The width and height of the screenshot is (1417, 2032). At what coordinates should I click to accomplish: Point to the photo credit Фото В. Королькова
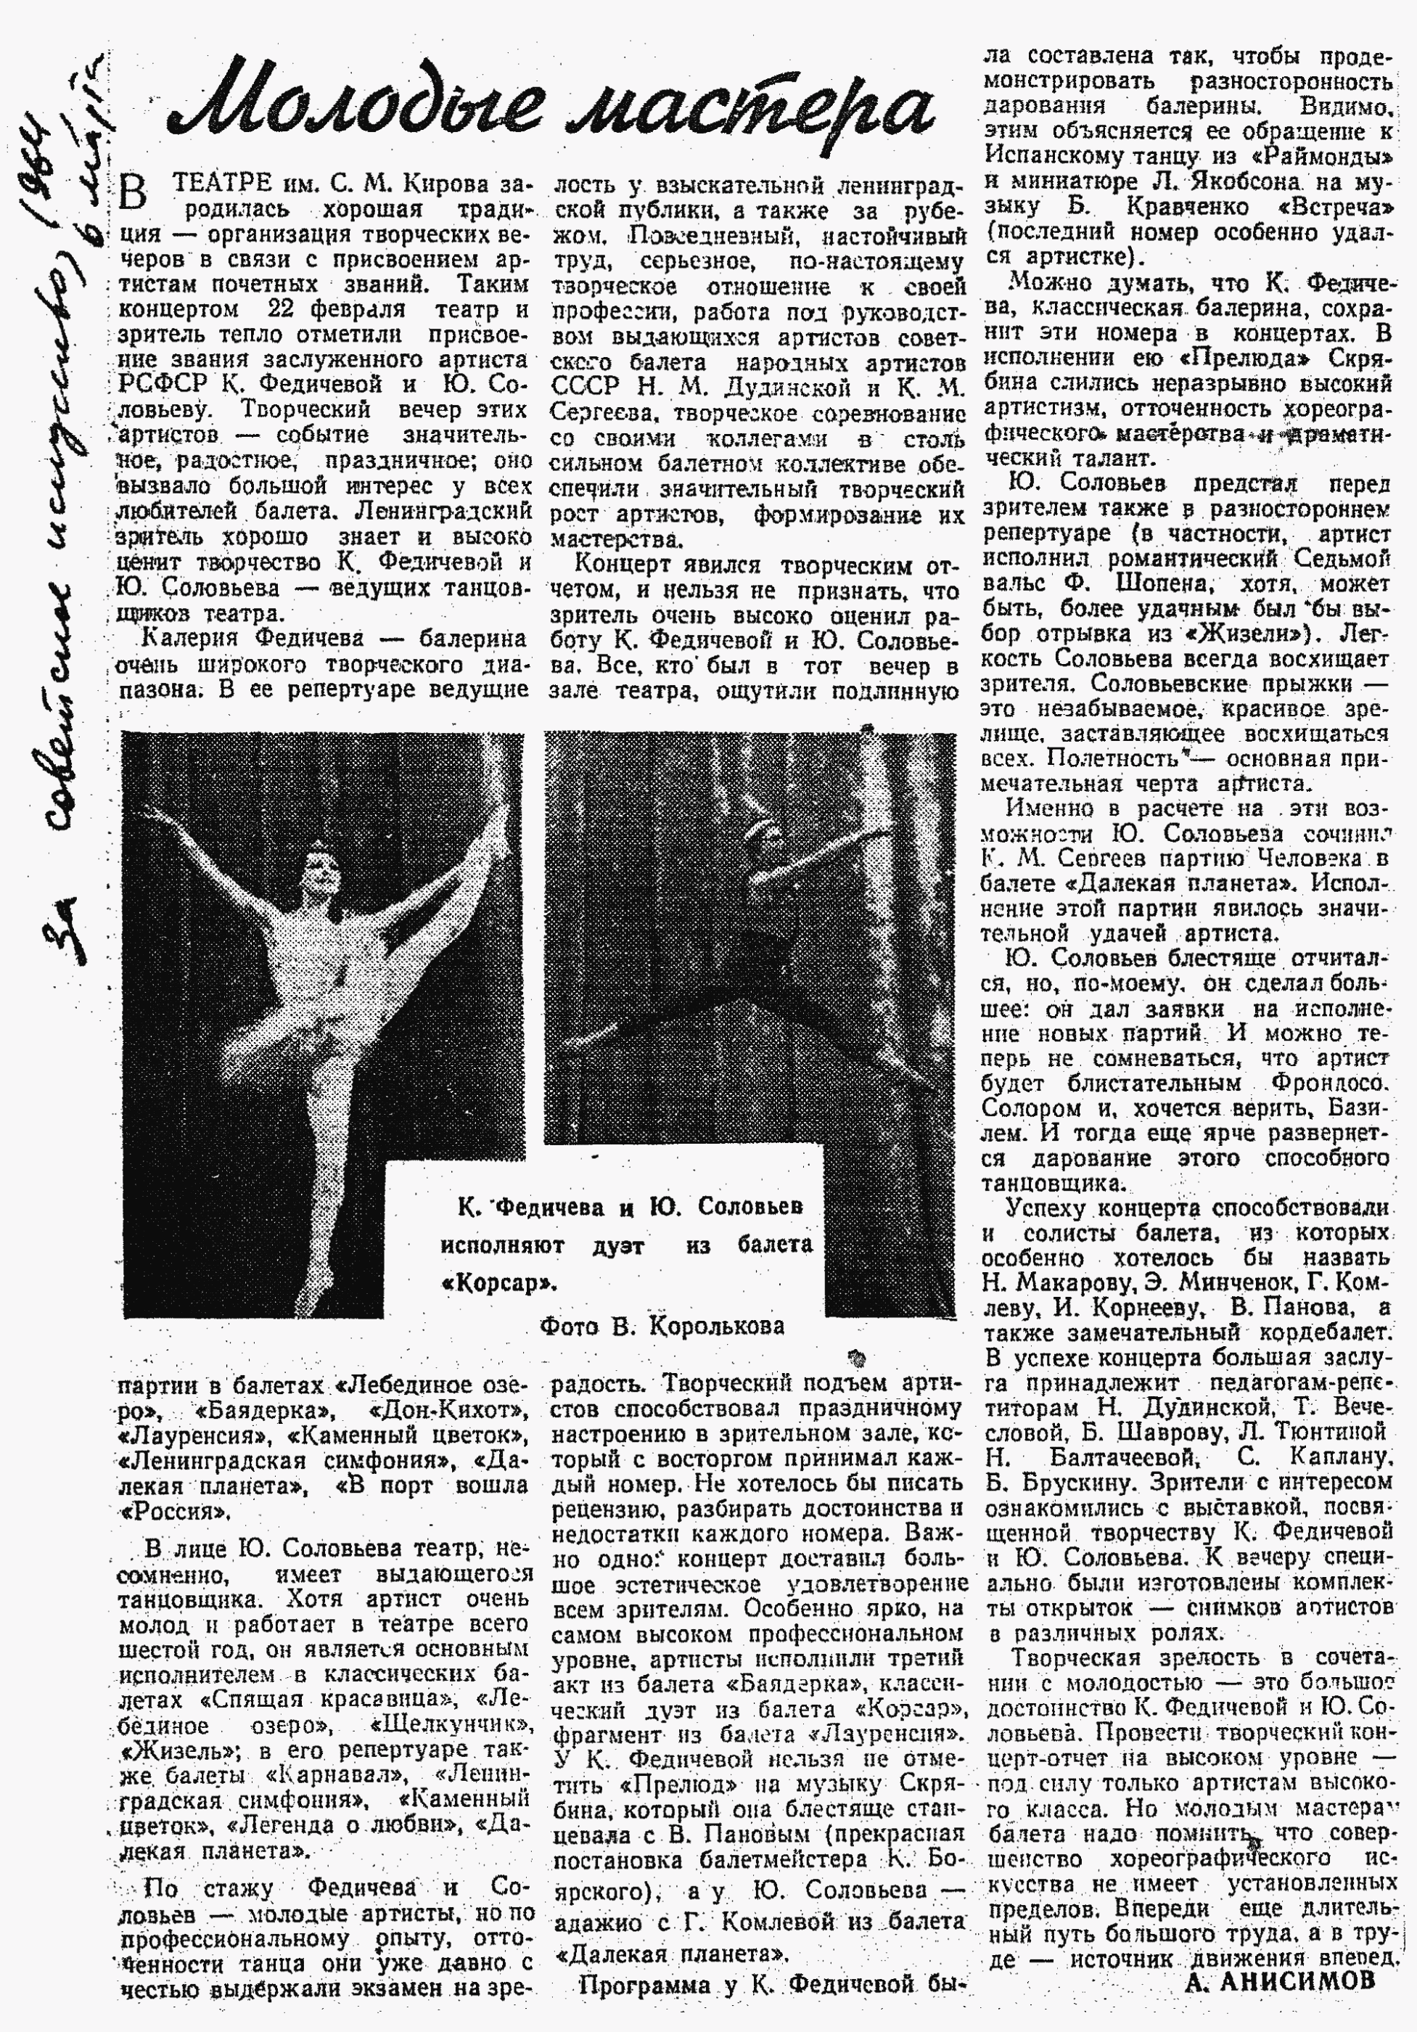coord(661,1326)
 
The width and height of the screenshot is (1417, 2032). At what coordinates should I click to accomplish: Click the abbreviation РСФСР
coord(157,385)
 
